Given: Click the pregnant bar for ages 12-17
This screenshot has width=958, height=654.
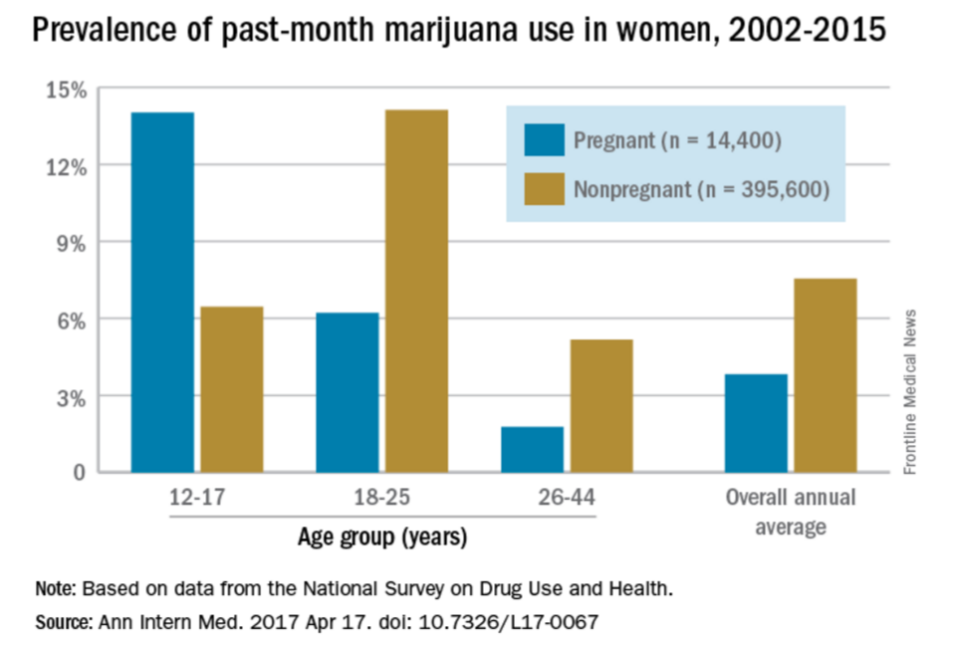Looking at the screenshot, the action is (162, 292).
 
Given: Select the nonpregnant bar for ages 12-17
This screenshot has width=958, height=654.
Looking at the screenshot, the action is (232, 389).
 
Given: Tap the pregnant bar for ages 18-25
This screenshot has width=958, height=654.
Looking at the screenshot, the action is (347, 392).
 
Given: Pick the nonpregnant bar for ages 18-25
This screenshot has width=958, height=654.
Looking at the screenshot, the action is (416, 291).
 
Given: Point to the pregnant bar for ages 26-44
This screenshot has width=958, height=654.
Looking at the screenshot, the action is (532, 449).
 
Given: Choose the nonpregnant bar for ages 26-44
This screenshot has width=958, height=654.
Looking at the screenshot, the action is (601, 405).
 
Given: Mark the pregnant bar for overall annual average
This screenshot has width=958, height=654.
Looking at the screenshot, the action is (756, 423).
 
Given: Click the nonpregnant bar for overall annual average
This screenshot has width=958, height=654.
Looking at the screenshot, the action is (826, 375).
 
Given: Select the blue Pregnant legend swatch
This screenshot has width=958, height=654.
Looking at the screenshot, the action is (545, 139).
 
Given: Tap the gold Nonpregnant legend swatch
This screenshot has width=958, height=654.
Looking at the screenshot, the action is (545, 189).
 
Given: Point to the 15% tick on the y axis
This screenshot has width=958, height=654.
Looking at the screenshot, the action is (67, 91).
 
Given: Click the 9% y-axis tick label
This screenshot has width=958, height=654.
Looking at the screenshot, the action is (72, 244).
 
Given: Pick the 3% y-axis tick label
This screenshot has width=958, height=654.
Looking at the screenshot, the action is (72, 399).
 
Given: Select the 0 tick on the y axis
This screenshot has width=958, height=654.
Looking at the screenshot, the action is (80, 472).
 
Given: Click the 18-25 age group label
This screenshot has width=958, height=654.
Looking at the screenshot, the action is (381, 497).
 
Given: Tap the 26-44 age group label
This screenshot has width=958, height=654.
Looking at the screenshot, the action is (567, 497).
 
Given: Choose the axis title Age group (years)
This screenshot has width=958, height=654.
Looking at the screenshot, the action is (382, 538).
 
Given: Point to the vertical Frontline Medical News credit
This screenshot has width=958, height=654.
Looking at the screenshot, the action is (910, 392).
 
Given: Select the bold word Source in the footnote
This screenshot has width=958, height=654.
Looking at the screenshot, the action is (63, 622).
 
